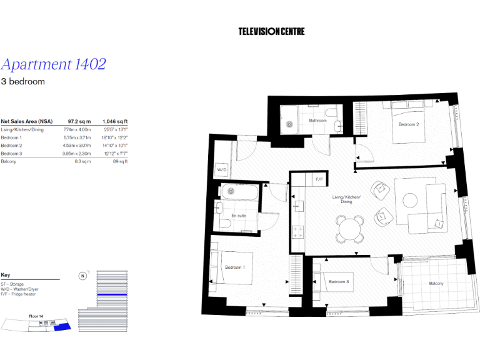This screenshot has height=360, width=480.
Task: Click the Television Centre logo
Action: pos(271,31)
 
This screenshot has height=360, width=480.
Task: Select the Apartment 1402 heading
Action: pos(53,64)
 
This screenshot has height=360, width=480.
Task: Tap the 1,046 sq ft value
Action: pos(115,121)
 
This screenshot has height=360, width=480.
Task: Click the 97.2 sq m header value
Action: pos(79,121)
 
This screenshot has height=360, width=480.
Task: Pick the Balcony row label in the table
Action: pos(9,161)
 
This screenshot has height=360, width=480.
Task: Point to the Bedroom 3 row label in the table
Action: pos(11,153)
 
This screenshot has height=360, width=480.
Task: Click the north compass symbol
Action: pos(82,276)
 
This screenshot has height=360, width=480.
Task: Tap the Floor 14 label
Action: pos(36,316)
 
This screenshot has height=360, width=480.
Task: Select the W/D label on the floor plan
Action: pos(221,169)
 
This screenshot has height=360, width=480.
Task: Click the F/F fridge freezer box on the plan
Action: pos(319,179)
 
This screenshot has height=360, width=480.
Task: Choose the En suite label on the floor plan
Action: pos(238,216)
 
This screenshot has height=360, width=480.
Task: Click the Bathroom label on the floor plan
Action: pos(317,121)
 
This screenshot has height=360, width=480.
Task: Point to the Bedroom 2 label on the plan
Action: pos(408,124)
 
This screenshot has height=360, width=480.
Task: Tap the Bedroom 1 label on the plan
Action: pos(235,267)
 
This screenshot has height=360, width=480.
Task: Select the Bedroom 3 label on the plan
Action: pos(338,281)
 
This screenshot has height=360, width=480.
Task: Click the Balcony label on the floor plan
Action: pos(436,284)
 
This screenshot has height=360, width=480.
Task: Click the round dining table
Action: pos(349,228)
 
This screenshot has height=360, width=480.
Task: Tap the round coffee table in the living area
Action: pos(410,200)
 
